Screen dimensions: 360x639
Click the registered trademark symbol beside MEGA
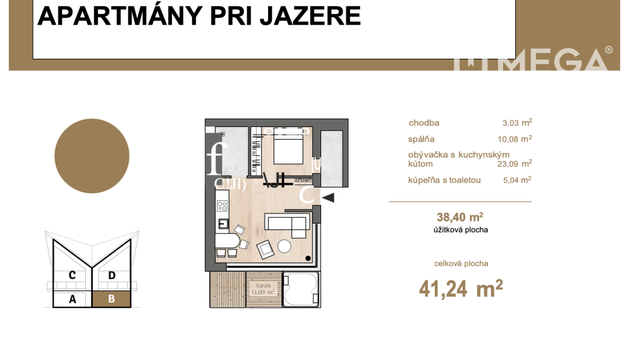pyautogui.click(x=609, y=49)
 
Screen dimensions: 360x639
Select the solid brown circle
pyautogui.click(x=92, y=155)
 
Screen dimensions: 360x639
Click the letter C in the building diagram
pyautogui.click(x=73, y=275)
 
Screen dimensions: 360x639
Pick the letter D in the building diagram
pyautogui.click(x=112, y=275)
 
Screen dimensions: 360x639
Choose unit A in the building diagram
pyautogui.click(x=73, y=299)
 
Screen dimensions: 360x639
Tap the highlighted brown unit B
pyautogui.click(x=112, y=299)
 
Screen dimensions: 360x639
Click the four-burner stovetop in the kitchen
pyautogui.click(x=222, y=206)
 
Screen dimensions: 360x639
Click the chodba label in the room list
pyautogui.click(x=424, y=123)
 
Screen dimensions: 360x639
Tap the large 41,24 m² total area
pyautogui.click(x=461, y=289)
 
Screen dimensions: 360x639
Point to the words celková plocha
pyautogui.click(x=461, y=264)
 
